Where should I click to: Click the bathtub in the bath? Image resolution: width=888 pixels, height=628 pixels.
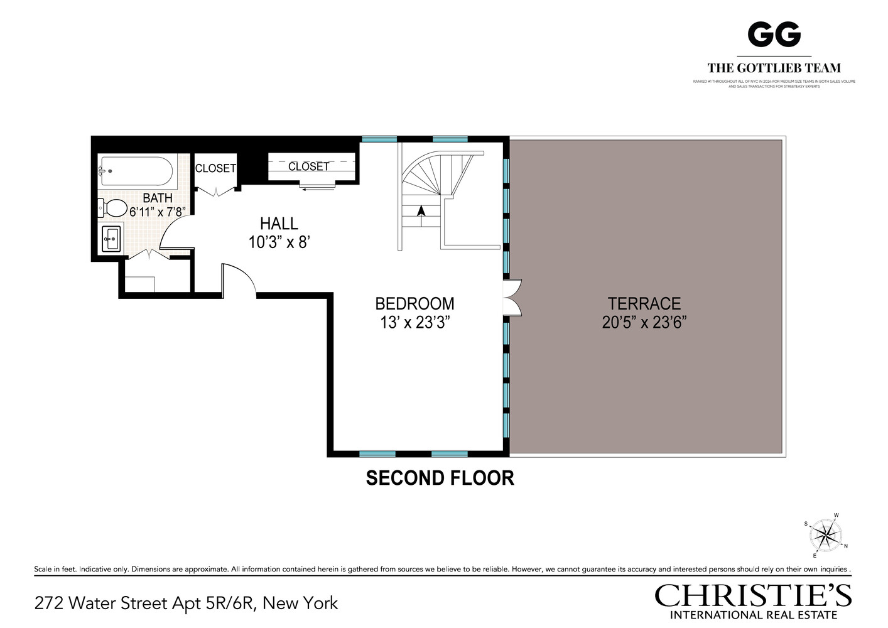click(136, 171)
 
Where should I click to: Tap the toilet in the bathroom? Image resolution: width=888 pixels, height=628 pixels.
click(113, 208)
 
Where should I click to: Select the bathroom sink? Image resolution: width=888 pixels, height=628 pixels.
click(112, 239)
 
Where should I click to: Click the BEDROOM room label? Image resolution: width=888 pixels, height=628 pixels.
click(414, 303)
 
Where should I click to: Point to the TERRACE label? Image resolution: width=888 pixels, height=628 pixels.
click(644, 303)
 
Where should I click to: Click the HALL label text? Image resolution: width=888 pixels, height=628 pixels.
click(279, 224)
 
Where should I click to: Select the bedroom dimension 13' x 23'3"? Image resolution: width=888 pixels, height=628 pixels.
click(414, 323)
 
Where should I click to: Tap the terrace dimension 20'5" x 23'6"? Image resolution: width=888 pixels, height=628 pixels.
click(644, 323)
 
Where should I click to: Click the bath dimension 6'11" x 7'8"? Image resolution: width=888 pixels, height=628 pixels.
click(157, 212)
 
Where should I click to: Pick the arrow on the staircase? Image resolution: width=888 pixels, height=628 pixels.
click(421, 212)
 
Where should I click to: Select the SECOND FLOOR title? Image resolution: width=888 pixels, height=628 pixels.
click(440, 479)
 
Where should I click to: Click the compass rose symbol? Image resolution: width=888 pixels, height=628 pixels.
click(826, 536)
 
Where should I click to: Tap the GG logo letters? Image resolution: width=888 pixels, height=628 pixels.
click(774, 34)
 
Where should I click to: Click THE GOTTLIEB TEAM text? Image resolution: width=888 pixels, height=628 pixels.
click(774, 68)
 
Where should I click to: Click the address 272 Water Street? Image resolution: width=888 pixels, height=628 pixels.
click(186, 604)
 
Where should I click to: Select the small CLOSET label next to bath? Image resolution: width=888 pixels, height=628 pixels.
click(215, 168)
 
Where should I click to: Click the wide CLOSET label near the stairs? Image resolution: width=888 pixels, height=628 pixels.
click(308, 166)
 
